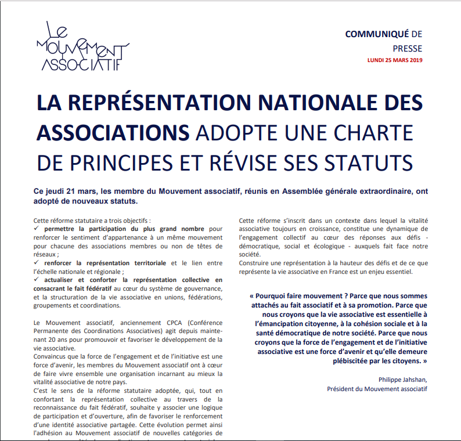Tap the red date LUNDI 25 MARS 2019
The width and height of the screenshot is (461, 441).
[395, 60]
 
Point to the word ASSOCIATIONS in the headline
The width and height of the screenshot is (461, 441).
[113, 132]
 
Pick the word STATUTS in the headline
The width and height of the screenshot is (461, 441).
[363, 161]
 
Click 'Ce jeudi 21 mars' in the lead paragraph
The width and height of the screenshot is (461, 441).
[55, 192]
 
